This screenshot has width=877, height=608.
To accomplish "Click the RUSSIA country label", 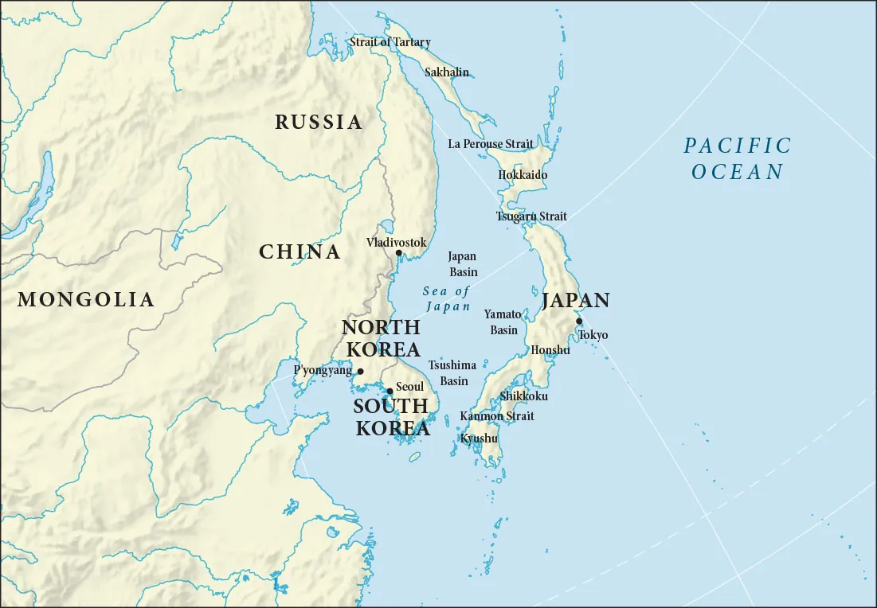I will pyautogui.click(x=319, y=123).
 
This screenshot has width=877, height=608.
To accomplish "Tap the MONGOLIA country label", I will pyautogui.click(x=86, y=300).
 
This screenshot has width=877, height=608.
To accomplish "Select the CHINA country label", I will pyautogui.click(x=300, y=252).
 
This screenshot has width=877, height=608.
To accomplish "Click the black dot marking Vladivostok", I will pyautogui.click(x=399, y=253).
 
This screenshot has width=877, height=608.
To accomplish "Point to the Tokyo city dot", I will pyautogui.click(x=579, y=322).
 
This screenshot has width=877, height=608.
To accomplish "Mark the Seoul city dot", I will pyautogui.click(x=390, y=391).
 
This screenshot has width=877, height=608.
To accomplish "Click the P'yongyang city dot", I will pyautogui.click(x=360, y=372).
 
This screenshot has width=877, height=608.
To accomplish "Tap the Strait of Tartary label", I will pyautogui.click(x=390, y=42).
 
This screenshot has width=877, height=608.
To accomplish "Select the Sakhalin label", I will pyautogui.click(x=447, y=72).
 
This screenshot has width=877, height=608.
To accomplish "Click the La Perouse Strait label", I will pyautogui.click(x=491, y=144).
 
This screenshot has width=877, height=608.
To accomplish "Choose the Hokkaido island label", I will pyautogui.click(x=523, y=175).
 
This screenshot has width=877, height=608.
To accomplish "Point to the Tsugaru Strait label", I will pyautogui.click(x=531, y=216).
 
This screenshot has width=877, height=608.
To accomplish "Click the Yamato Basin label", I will pyautogui.click(x=503, y=322).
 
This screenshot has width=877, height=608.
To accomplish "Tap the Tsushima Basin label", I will pyautogui.click(x=452, y=372).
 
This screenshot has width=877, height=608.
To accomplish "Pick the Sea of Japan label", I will pyautogui.click(x=447, y=298).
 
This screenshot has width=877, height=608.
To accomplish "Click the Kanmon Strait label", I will pyautogui.click(x=497, y=416).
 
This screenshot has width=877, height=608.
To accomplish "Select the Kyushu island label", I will pyautogui.click(x=479, y=438).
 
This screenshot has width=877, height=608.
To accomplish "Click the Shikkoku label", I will pyautogui.click(x=523, y=396).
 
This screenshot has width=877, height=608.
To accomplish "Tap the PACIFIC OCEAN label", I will pyautogui.click(x=738, y=158).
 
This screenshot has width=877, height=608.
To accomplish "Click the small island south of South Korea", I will pyautogui.click(x=414, y=457).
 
